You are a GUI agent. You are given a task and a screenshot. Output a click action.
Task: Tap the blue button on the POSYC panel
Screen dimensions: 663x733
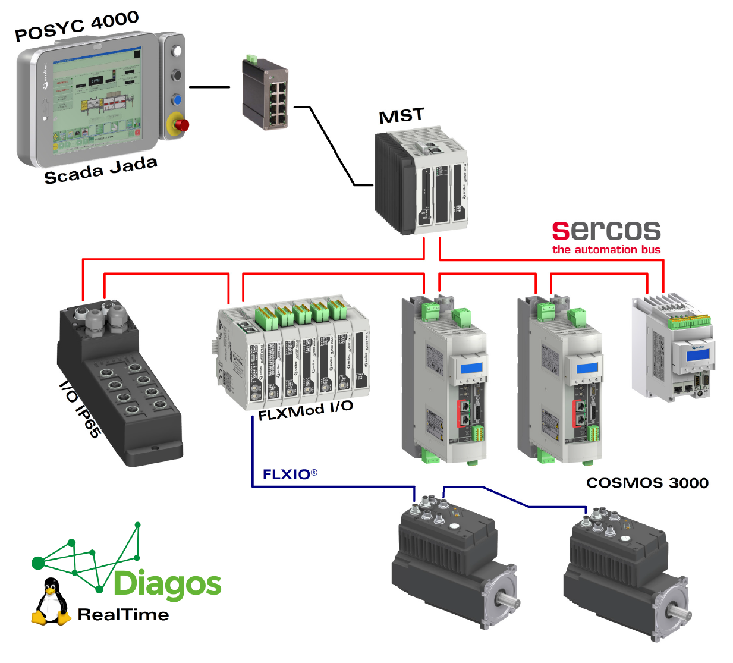[x=177, y=99]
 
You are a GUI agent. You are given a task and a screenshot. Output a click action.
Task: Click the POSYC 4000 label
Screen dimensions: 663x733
[x=77, y=26]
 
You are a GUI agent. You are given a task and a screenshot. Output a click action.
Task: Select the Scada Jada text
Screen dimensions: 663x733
[x=100, y=170]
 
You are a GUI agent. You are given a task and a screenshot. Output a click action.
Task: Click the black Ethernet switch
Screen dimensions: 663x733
[x=265, y=93]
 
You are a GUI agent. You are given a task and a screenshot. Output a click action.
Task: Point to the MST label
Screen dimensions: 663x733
[x=402, y=115]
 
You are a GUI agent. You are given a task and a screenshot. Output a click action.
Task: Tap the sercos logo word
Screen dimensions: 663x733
[x=606, y=230]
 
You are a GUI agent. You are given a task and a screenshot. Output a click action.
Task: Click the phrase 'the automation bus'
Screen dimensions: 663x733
[x=606, y=250]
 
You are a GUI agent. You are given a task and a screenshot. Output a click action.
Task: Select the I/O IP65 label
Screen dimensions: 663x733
[x=80, y=410]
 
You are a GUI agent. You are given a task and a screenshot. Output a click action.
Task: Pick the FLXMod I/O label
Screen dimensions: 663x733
[x=306, y=410]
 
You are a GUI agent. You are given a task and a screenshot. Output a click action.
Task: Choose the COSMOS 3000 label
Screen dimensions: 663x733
[x=647, y=483]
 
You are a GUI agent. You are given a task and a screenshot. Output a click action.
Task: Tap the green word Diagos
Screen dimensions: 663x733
[x=167, y=584]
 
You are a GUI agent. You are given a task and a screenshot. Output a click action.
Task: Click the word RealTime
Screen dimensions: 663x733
[x=123, y=615]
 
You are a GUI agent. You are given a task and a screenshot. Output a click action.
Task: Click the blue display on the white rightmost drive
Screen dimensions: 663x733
[x=698, y=355]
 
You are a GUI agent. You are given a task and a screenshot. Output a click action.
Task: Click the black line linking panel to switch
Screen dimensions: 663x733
[x=209, y=87]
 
